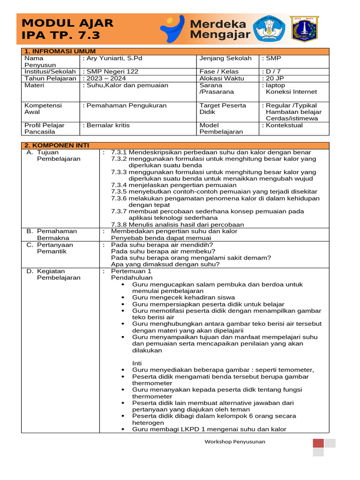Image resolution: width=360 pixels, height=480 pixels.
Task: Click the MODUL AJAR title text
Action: (x=67, y=23)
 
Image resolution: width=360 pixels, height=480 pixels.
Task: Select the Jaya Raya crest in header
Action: (x=304, y=29)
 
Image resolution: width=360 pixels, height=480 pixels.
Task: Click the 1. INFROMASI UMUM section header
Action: (x=60, y=51)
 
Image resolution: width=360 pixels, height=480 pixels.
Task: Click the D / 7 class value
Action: (x=272, y=72)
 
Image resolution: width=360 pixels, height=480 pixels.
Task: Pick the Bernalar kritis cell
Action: (x=107, y=125)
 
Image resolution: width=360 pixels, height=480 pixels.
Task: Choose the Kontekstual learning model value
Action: (x=284, y=125)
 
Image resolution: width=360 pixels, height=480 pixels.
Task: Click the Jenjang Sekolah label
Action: (x=225, y=59)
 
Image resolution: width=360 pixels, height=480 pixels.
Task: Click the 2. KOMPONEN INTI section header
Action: (x=57, y=145)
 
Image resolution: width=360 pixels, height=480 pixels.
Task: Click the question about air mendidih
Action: (x=162, y=245)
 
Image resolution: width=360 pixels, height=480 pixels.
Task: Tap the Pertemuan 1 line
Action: (x=131, y=271)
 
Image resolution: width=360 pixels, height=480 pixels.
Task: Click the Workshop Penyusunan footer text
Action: (x=235, y=442)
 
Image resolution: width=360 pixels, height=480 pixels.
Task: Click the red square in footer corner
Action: (x=318, y=443)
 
